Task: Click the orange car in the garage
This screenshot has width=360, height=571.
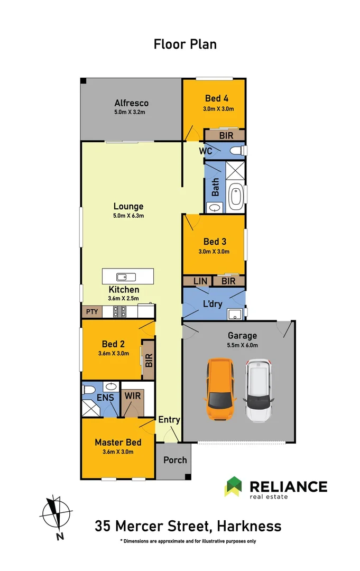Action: (x=220, y=390)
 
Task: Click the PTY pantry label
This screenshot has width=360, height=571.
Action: (x=91, y=312)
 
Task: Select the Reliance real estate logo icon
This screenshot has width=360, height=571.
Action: (x=233, y=486)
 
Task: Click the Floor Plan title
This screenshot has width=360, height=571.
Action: (x=185, y=44)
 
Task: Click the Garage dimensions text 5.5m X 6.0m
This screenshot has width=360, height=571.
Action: (x=242, y=345)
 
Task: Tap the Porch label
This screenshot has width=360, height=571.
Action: (x=174, y=460)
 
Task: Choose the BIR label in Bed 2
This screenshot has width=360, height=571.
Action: (x=149, y=361)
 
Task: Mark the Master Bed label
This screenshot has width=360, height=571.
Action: (x=118, y=442)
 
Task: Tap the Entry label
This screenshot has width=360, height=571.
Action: (x=169, y=420)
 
